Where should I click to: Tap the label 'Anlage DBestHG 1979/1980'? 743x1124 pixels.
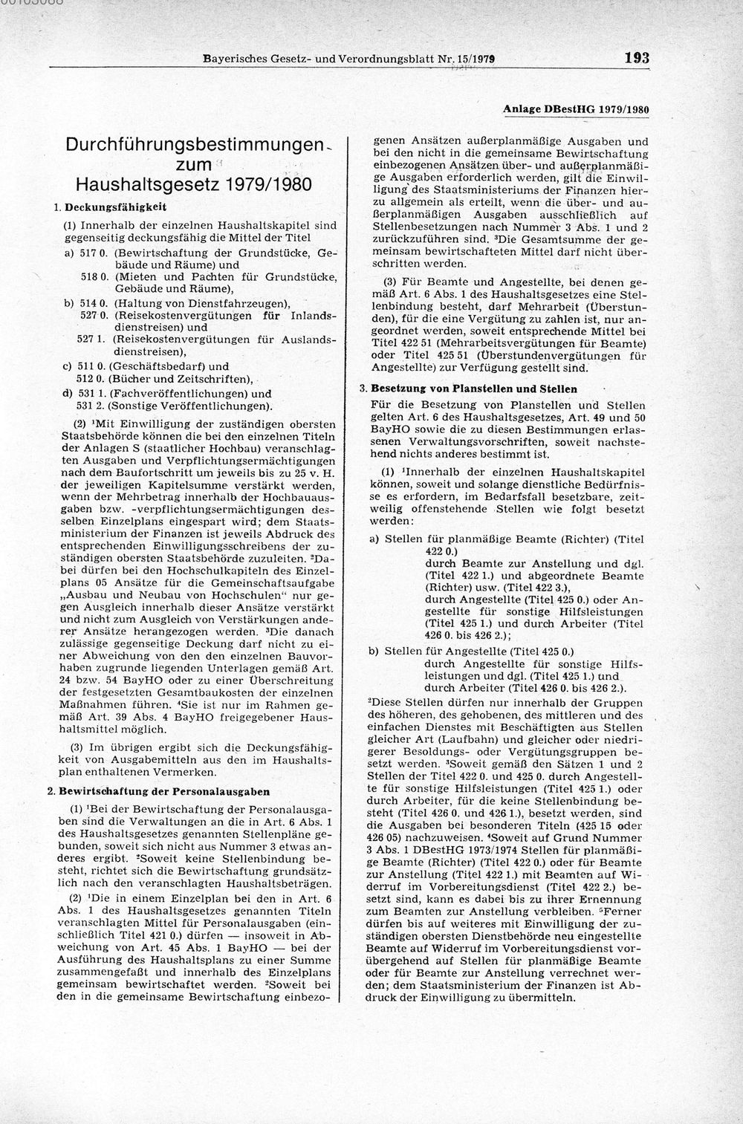tap(576, 109)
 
